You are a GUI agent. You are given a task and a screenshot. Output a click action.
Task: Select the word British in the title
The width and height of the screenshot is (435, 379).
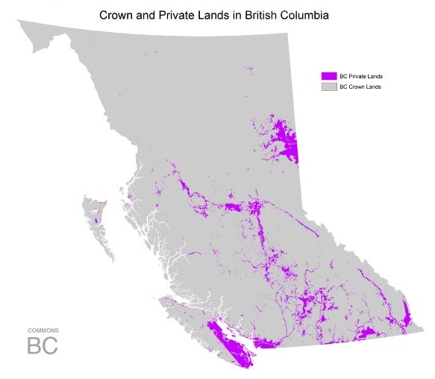point(260,14)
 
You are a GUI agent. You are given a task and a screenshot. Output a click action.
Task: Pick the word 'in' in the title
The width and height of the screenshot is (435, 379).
point(234,14)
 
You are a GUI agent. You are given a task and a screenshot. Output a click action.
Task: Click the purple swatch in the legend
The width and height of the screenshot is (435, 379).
point(328,76)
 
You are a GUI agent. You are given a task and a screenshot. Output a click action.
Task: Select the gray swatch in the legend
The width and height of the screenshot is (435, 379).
point(328,87)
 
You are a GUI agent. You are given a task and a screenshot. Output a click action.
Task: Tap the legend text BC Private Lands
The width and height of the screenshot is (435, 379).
point(362,76)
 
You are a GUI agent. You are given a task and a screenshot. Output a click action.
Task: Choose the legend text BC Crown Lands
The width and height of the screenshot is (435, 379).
point(361,87)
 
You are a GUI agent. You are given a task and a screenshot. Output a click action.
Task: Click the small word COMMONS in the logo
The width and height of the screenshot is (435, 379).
point(43,330)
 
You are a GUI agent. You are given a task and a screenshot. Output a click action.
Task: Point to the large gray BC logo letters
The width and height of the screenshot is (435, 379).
point(43,346)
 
